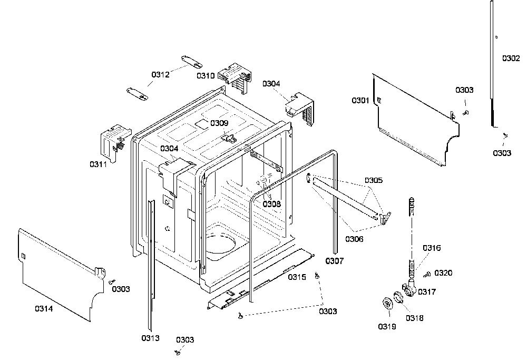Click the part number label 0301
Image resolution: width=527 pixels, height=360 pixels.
360,101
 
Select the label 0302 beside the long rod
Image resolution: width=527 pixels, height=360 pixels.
511,59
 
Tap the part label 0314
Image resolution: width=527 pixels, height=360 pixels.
44,308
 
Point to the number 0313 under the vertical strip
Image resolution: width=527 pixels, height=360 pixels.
150,338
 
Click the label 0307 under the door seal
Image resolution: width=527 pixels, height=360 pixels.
335,261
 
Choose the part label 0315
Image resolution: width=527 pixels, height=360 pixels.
297,277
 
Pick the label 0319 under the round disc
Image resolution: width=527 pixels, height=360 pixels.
387,327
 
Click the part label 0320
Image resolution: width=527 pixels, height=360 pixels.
443,273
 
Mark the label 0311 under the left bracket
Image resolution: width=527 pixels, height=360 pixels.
98,164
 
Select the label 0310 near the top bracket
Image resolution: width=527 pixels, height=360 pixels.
206,75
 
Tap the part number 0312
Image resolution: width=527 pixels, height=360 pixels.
160,75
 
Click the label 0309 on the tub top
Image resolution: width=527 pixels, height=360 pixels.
219,123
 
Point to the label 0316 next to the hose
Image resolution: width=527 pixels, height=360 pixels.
432,248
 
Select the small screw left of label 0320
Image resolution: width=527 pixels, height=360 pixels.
427,275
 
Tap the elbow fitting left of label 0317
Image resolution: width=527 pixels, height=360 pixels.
409,288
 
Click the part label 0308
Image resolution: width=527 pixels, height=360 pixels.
271,204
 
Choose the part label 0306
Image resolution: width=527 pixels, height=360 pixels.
354,239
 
